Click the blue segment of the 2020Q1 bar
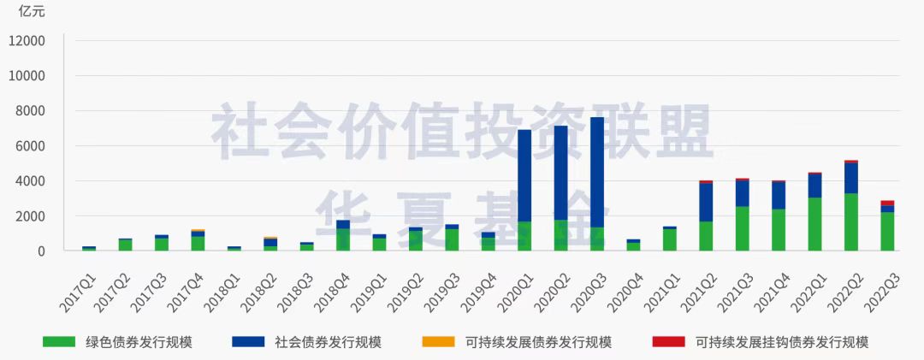(524, 175)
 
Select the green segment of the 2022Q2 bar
(850, 222)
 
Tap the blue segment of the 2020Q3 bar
(597, 171)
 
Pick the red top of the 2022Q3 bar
(887, 203)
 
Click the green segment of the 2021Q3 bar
(742, 228)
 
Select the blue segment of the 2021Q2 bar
(706, 202)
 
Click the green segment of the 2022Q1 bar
(814, 224)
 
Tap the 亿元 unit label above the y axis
(32, 12)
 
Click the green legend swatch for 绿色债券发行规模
(60, 342)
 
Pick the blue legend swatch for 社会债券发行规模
(248, 342)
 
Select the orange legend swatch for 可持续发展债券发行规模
(439, 342)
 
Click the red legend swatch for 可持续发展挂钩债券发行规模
(668, 342)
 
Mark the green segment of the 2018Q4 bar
(343, 239)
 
